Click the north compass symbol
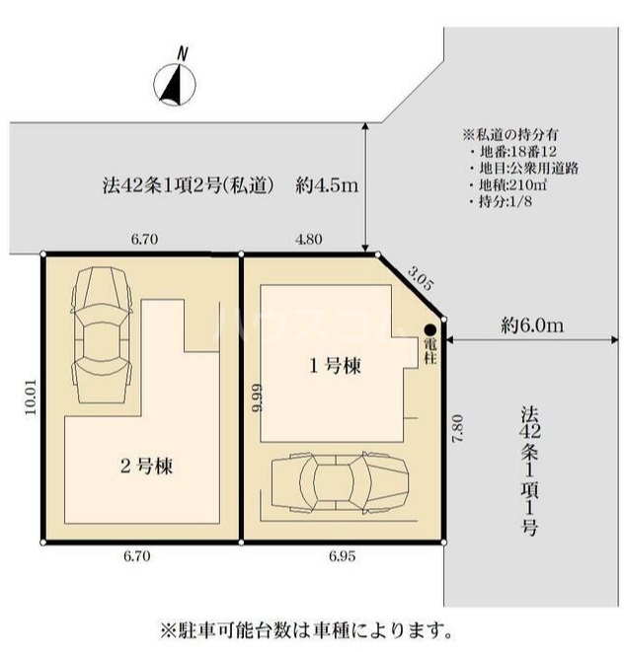point(177,80)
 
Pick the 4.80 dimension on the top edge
point(310,239)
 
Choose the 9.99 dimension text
point(257,398)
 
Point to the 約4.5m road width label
point(326,183)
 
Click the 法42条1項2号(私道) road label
point(188,183)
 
